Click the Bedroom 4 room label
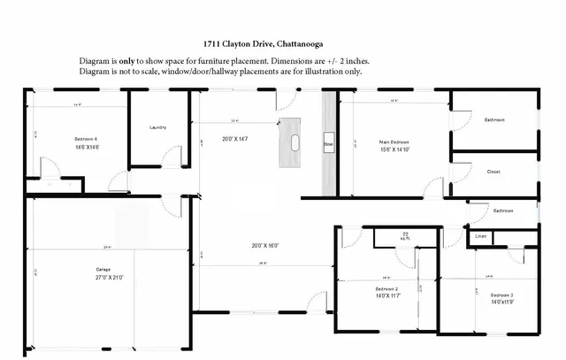[x=85, y=139]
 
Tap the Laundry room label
[x=159, y=127]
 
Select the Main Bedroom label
[x=394, y=142]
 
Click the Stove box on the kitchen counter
[x=327, y=142]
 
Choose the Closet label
[x=493, y=172]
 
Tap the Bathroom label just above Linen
[x=503, y=211]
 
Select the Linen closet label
[x=481, y=236]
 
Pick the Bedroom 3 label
[x=501, y=295]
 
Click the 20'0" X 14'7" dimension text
[x=234, y=138]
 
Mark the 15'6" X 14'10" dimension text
[x=394, y=149]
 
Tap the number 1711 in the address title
[x=211, y=43]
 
